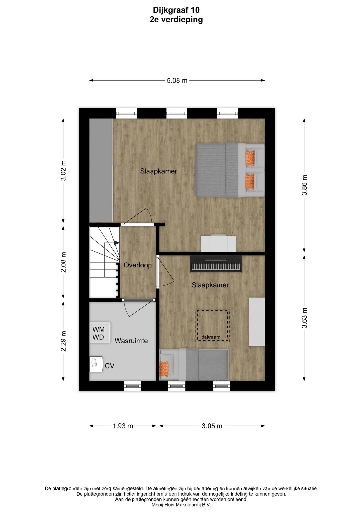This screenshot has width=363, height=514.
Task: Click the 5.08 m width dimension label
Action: [177, 81]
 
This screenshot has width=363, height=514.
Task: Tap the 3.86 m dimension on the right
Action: [304, 185]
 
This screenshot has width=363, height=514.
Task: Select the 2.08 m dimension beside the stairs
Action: [63, 262]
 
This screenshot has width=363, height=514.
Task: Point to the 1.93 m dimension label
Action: [123, 426]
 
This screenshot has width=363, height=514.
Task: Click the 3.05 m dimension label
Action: [212, 426]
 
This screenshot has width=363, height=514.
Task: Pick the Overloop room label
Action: [138, 265]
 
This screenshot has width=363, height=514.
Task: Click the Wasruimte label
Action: [131, 341]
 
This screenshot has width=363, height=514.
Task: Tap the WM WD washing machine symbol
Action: [100, 332]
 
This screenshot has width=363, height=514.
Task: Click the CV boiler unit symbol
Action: [96, 364]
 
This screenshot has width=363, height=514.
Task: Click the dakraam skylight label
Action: [211, 337]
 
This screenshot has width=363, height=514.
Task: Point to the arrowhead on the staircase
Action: [116, 243]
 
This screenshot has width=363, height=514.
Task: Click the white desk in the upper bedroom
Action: [218, 243]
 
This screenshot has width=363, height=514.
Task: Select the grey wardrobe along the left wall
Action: [101, 170]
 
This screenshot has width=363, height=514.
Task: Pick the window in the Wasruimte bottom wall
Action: [132, 386]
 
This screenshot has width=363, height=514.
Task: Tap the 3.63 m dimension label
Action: [304, 318]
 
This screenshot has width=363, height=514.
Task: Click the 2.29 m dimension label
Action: [63, 341]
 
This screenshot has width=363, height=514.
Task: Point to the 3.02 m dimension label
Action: [63, 170]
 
